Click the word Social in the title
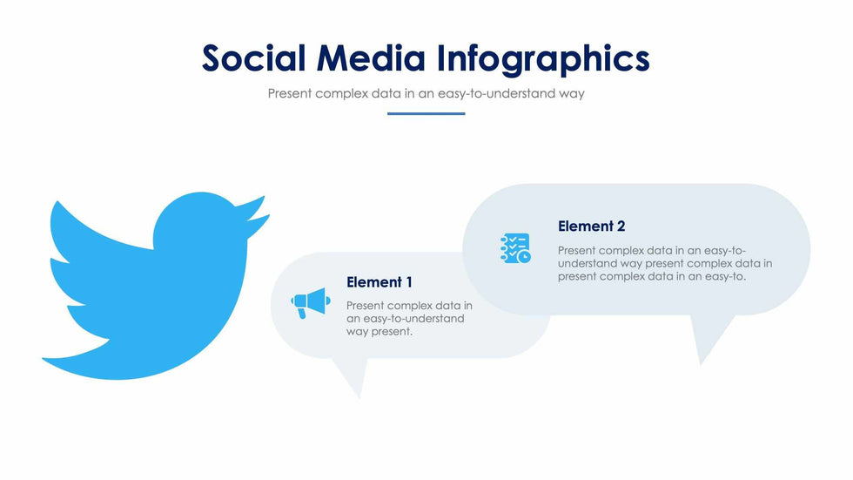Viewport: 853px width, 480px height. click(x=253, y=58)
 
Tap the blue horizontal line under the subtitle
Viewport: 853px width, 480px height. click(x=426, y=113)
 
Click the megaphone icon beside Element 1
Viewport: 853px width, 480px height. click(x=310, y=303)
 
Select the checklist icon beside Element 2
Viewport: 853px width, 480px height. click(x=514, y=248)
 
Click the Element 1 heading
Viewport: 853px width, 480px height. click(x=379, y=282)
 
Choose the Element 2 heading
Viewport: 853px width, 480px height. click(x=591, y=226)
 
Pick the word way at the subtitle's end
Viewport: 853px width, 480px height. click(x=571, y=93)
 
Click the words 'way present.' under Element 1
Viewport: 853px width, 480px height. click(x=379, y=332)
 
